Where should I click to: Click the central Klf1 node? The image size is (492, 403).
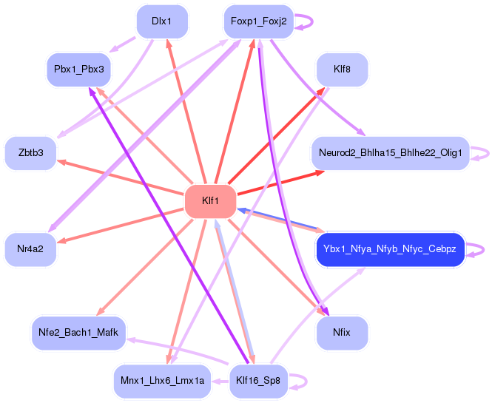pyautogui.click(x=210, y=201)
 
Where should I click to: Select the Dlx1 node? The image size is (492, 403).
pyautogui.click(x=162, y=21)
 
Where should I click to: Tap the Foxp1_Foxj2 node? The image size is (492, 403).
pyautogui.click(x=258, y=21)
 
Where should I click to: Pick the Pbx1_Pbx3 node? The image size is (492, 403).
pyautogui.click(x=78, y=70)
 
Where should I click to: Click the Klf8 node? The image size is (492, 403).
pyautogui.click(x=342, y=70)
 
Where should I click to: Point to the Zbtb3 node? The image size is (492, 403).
pyautogui.click(x=31, y=153)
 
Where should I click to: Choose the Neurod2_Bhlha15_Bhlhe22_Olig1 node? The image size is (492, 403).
pyautogui.click(x=391, y=153)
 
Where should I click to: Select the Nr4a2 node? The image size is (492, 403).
pyautogui.click(x=31, y=249)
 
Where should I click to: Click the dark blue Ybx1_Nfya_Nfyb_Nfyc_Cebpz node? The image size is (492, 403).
pyautogui.click(x=391, y=249)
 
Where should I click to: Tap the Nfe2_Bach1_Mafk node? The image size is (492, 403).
pyautogui.click(x=78, y=333)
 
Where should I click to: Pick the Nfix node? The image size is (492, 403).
pyautogui.click(x=342, y=333)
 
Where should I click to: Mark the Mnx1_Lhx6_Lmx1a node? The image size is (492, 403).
pyautogui.click(x=162, y=381)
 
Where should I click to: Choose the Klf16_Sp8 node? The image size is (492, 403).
pyautogui.click(x=258, y=381)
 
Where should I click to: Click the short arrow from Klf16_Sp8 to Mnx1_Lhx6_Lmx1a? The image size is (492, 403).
pyautogui.click(x=220, y=382)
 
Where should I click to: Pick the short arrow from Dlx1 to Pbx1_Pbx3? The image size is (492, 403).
pyautogui.click(x=122, y=45)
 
